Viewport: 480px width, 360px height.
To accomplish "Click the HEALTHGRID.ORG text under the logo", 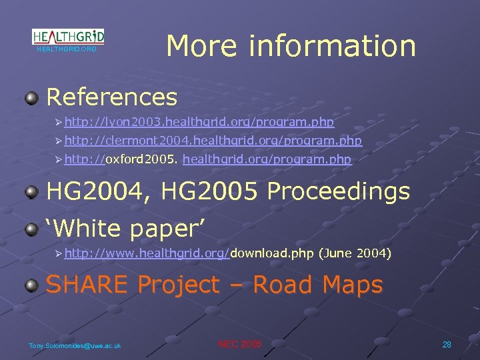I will [x=67, y=49].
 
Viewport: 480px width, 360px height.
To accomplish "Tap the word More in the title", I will [x=202, y=45].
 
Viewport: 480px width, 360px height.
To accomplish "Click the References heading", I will [x=112, y=97].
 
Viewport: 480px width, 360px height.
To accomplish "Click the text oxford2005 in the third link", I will [x=142, y=159].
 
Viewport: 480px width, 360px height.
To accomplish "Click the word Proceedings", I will [x=338, y=191].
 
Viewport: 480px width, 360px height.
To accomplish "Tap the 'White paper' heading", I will [x=124, y=227].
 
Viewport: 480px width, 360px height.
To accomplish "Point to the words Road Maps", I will [x=318, y=285].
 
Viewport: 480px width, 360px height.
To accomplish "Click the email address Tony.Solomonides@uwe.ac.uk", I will [x=75, y=345].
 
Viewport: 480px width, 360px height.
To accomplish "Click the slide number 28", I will [x=447, y=344].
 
